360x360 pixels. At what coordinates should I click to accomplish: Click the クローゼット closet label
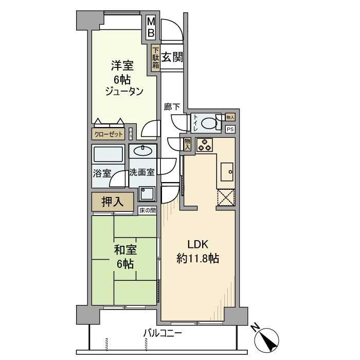(109, 134)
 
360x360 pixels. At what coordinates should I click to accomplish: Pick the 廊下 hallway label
(172, 106)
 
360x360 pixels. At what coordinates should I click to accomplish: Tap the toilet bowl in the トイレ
(209, 123)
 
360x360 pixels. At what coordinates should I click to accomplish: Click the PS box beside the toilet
(230, 129)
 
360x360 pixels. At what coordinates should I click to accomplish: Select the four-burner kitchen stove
(203, 145)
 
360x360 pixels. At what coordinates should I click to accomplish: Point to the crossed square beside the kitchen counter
(226, 197)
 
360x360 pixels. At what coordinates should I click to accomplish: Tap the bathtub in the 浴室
(108, 155)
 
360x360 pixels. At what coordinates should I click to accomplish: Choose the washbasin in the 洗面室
(142, 151)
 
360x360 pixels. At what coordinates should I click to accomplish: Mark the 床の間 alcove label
(147, 210)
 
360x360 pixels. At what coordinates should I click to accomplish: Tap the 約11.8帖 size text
(198, 259)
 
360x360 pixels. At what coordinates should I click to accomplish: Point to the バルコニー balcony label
(163, 334)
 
